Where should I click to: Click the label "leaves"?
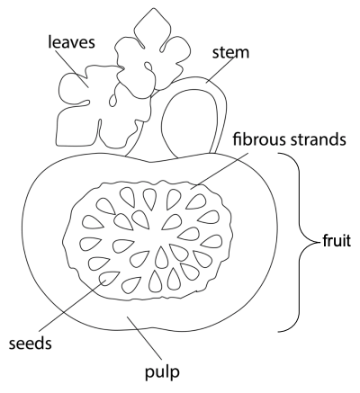tap(71, 41)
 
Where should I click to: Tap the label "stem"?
tap(230, 52)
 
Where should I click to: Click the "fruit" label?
tap(337, 240)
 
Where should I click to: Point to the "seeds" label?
tap(30, 343)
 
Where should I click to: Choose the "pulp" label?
tap(162, 372)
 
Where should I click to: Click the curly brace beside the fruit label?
tap(300, 242)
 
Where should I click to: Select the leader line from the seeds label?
tap(73, 306)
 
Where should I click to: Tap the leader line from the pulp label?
tap(145, 338)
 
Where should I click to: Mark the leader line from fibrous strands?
tap(220, 171)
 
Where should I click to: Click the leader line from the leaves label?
tap(71, 68)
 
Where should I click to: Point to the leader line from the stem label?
tap(220, 69)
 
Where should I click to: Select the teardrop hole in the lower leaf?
tap(112, 101)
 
